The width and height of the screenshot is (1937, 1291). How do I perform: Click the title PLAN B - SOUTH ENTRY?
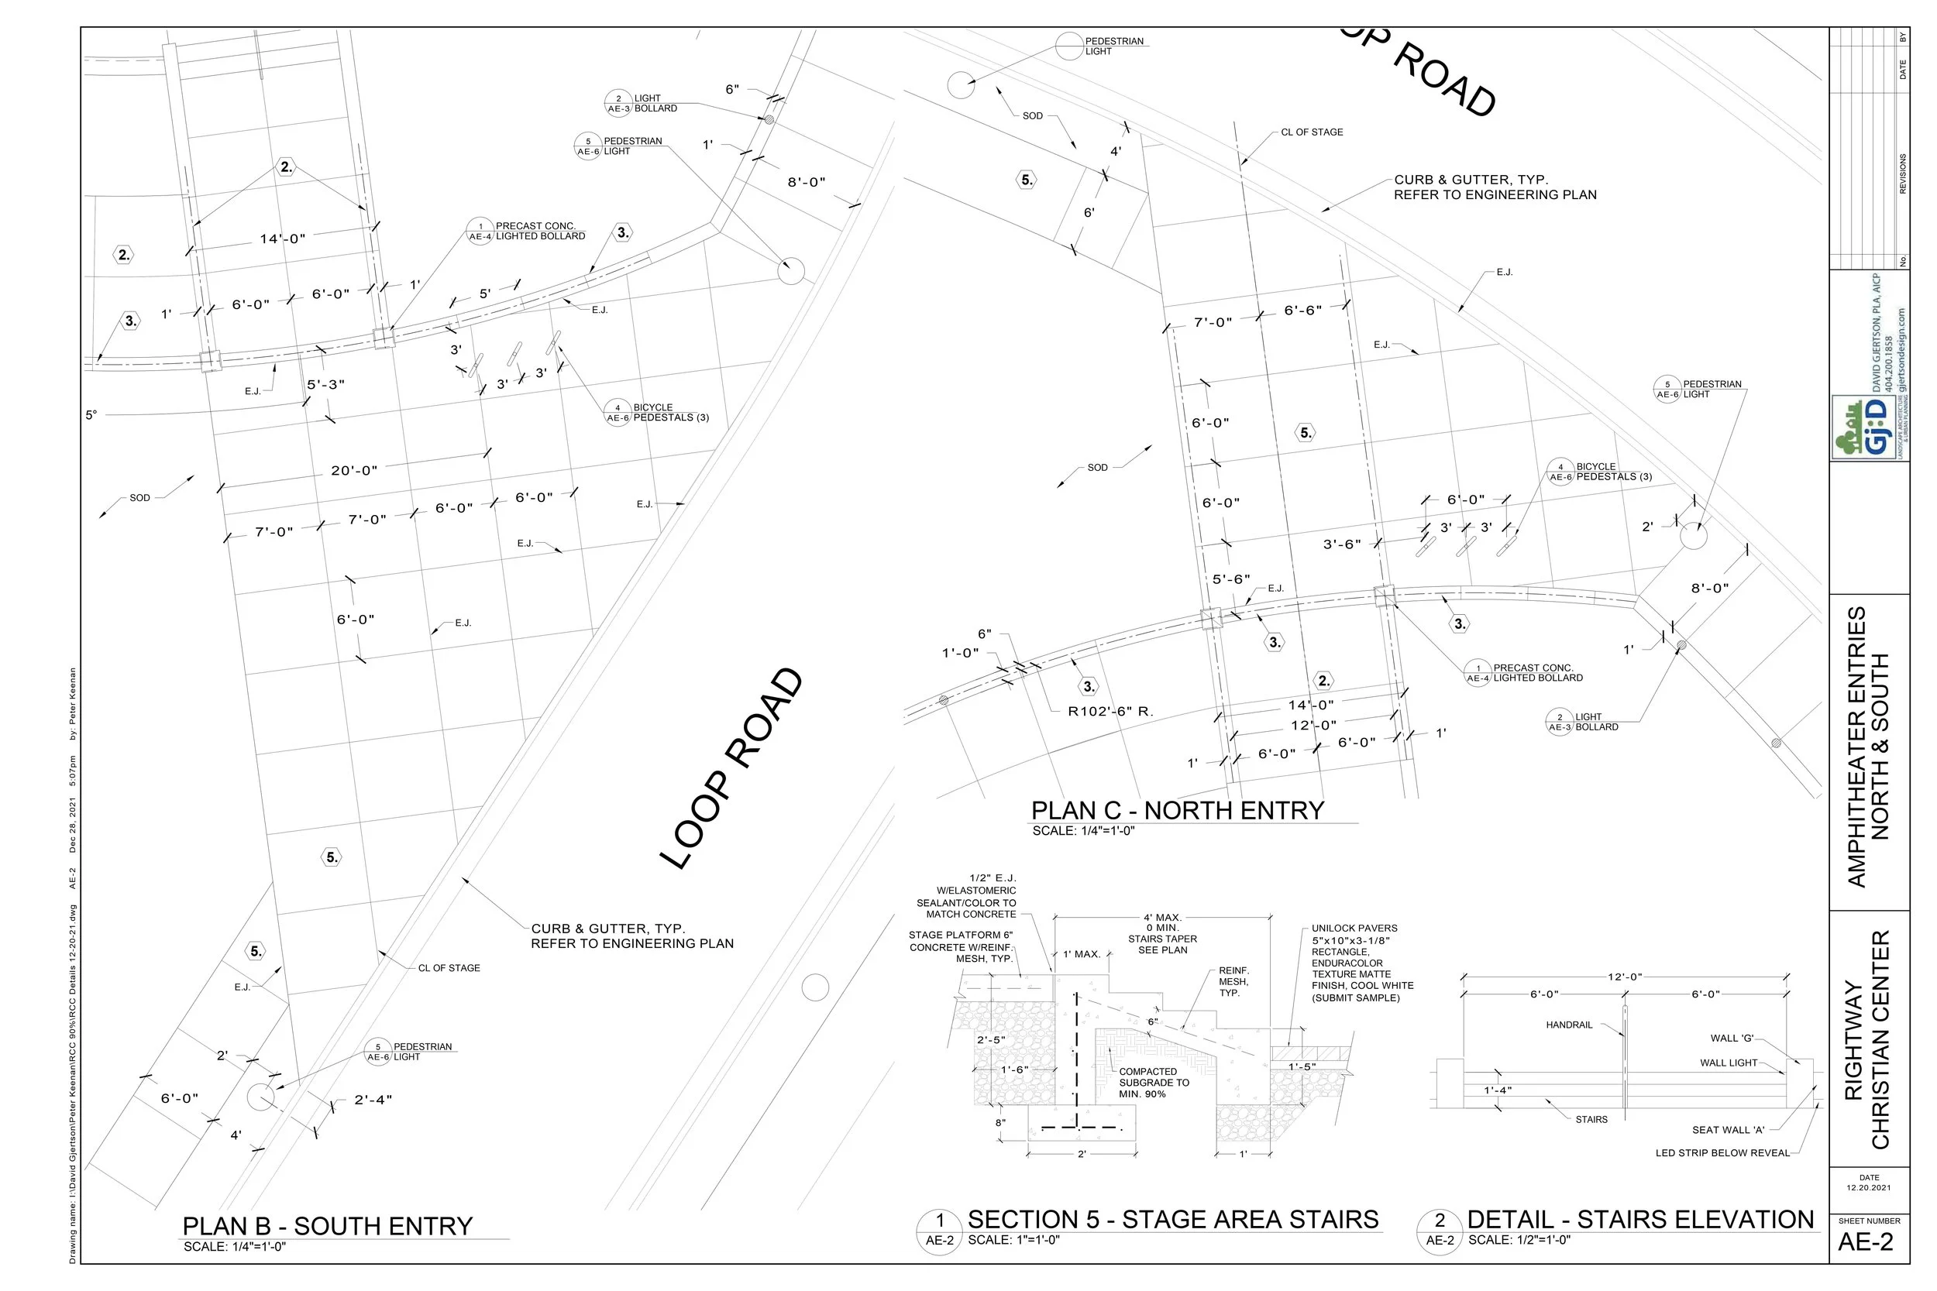328,1226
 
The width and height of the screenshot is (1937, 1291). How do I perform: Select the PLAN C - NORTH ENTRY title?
1178,811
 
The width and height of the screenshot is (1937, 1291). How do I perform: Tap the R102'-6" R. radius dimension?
1110,712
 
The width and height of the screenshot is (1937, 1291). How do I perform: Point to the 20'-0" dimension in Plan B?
354,471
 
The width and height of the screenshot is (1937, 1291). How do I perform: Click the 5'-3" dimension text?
325,384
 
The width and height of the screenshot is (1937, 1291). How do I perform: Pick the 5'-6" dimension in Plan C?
1231,579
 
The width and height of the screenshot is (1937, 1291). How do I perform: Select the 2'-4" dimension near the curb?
373,1100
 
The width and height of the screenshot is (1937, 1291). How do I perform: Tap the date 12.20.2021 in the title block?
1869,1188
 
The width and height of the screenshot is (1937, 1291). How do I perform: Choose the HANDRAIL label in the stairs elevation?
1569,1025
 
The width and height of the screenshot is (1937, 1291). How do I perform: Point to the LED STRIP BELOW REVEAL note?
1723,1152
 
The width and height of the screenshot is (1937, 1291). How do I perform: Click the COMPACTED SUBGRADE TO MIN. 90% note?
1154,1083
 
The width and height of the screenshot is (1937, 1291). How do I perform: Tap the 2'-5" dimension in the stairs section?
991,1040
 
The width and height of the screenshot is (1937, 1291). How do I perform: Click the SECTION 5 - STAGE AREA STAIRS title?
1173,1220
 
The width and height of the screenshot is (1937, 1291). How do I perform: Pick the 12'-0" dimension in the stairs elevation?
1625,977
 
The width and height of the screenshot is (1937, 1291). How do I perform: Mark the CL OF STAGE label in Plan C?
1312,132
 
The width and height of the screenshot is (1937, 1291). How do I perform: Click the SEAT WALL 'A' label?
1728,1130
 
